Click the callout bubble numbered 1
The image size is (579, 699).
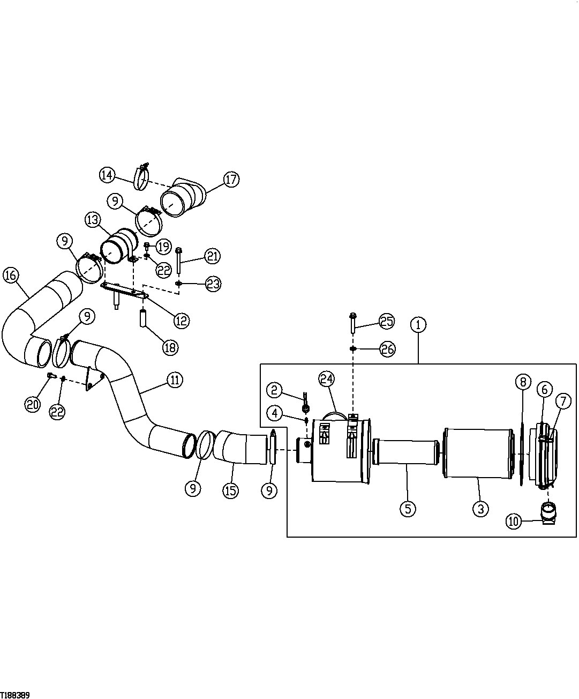418,324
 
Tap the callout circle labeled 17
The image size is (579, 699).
231,180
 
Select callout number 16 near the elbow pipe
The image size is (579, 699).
11,276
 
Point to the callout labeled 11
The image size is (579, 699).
174,380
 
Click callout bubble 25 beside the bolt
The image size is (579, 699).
387,322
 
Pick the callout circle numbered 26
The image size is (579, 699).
387,349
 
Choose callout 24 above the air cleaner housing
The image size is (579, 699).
326,379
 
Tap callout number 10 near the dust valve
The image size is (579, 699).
513,521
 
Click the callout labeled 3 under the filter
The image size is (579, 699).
480,508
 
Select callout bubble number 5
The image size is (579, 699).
407,508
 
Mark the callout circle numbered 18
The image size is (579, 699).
170,347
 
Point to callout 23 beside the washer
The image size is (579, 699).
213,284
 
